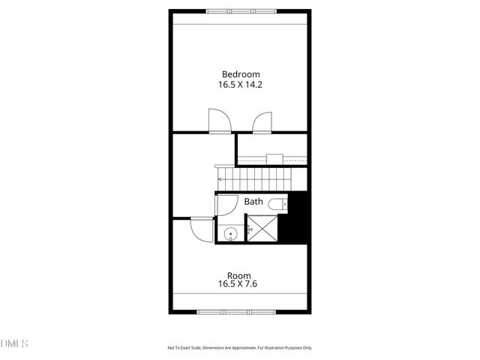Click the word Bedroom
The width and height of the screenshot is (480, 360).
[x=240, y=73]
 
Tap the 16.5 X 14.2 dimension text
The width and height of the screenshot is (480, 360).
[x=240, y=85]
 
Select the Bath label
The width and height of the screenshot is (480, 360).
[x=253, y=202]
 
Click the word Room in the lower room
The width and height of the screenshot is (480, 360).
[x=239, y=274]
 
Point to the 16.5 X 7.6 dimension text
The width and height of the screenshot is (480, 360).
[x=239, y=284]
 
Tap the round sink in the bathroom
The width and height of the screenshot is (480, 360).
[x=230, y=234]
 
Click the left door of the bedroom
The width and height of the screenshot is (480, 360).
[x=217, y=121]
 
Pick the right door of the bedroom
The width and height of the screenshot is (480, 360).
[x=262, y=121]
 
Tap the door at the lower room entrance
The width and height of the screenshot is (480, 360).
[x=200, y=228]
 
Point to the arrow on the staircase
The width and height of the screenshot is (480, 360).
[x=220, y=180]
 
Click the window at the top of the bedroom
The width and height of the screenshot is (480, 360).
[x=240, y=11]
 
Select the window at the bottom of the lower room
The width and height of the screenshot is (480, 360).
[x=240, y=311]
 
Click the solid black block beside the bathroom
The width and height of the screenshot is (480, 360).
[x=299, y=217]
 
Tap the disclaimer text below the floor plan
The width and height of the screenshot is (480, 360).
[x=239, y=347]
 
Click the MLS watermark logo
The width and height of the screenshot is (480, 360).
[x=14, y=343]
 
